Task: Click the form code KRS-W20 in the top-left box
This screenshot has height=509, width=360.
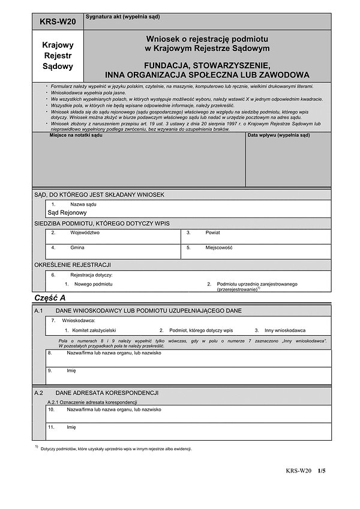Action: point(58,22)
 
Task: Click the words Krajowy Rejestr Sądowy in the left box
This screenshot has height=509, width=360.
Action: point(58,56)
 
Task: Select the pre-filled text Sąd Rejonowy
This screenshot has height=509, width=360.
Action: point(67,212)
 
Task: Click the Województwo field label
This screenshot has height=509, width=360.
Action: point(85,232)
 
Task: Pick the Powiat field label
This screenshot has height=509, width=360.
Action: point(213,232)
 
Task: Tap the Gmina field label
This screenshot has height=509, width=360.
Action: point(77,248)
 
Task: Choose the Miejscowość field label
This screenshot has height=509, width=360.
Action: point(218,248)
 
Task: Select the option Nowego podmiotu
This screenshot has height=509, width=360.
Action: point(93,284)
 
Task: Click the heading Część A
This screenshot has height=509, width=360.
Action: point(50,298)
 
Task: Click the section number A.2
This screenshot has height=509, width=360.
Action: point(39,393)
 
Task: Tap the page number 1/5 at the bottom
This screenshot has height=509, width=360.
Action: point(322,471)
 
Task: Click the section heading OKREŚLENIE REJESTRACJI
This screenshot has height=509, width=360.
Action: point(73,264)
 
